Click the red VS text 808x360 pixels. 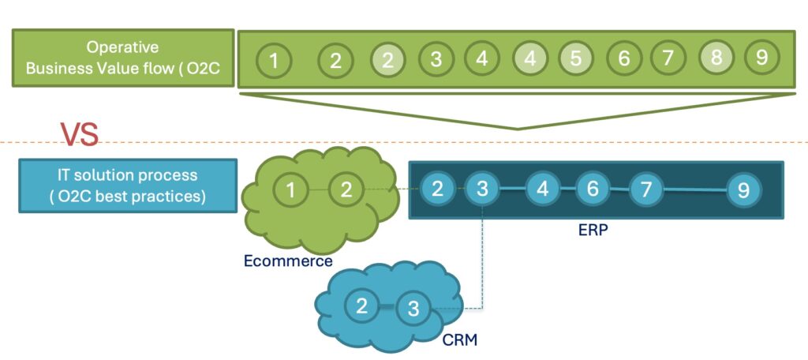(x=80, y=134)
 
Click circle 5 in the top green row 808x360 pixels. (x=576, y=58)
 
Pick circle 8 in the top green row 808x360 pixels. (x=716, y=58)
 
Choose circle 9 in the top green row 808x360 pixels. (x=761, y=58)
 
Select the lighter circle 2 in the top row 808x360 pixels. (x=388, y=59)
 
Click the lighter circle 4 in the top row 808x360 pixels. (x=530, y=58)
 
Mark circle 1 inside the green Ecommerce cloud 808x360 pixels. (x=291, y=189)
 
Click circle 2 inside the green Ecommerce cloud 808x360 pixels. (x=345, y=189)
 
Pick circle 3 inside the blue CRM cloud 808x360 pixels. (x=413, y=309)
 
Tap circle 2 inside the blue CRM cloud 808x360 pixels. (x=362, y=306)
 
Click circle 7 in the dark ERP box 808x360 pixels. (x=646, y=189)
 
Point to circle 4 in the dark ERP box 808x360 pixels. (x=543, y=189)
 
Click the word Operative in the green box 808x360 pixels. (x=122, y=47)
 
